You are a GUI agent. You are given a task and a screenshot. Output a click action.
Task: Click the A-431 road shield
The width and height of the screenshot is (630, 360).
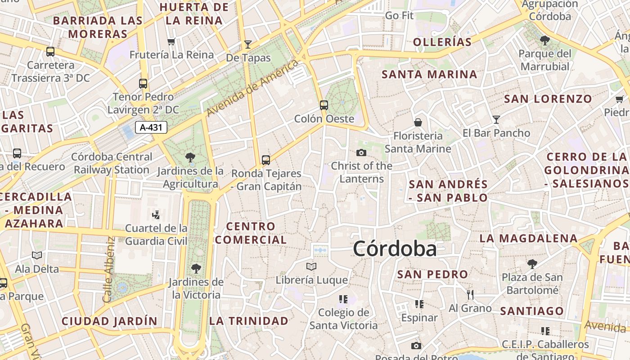coord(151,127)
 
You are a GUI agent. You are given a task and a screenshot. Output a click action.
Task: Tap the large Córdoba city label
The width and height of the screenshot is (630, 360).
coord(395,249)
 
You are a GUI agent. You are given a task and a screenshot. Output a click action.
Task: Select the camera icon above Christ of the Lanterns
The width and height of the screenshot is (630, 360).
coord(361,153)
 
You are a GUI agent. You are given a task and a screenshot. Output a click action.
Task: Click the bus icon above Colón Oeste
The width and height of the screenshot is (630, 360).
coord(324,105)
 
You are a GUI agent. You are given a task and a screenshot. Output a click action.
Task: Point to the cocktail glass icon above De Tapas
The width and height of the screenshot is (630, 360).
coord(247,44)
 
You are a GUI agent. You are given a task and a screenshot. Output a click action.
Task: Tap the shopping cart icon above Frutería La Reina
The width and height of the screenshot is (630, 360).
coord(171,42)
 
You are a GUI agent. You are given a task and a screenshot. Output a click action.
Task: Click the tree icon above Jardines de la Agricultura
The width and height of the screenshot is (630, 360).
coord(190,157)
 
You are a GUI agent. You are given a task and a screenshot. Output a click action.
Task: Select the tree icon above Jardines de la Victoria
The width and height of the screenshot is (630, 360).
coord(196,269)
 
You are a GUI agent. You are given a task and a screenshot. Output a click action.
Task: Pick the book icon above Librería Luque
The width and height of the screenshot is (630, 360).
coord(311,266)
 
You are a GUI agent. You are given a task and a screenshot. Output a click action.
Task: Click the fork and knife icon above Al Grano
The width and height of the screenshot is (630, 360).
coord(470,295)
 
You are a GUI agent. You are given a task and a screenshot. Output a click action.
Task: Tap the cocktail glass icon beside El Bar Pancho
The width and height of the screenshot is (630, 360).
coord(496,119)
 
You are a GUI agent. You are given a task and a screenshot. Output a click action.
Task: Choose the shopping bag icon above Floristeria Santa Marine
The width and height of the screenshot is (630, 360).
coord(418,122)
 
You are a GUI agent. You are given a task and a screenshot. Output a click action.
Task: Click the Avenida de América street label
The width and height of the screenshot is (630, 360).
coord(253,88)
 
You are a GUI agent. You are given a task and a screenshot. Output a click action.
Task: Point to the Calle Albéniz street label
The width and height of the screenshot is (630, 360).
coord(108,270)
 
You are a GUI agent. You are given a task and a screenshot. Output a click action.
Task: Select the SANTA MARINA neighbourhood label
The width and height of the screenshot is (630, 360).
coord(429,74)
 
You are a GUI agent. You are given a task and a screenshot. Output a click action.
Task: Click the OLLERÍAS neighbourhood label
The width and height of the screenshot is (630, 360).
coord(442,42)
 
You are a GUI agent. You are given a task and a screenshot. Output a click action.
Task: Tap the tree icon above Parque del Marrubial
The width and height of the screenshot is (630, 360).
coord(544,40)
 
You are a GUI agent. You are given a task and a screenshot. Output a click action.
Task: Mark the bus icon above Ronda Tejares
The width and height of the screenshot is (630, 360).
coord(266,160)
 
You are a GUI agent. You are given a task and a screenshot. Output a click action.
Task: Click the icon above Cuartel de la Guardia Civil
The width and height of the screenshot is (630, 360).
coord(156,215)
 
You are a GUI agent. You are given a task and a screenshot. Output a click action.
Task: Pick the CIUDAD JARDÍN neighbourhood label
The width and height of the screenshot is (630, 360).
coord(109,321)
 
